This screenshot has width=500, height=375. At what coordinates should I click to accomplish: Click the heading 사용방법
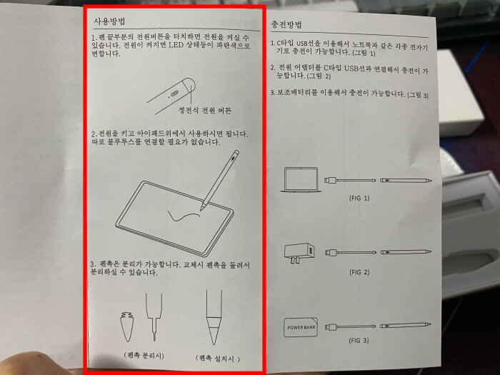point(109,21)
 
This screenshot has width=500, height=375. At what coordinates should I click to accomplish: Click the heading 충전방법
point(286,24)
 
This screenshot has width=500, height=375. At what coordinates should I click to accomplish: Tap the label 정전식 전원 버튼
point(205,111)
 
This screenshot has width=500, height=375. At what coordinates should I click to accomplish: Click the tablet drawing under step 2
point(175,219)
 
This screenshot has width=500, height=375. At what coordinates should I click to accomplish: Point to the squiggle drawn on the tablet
point(184,215)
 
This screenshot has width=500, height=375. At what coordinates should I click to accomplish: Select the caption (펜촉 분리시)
point(144,355)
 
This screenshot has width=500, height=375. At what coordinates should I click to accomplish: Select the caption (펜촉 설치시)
point(217,359)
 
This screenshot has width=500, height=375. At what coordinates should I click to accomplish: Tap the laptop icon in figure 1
point(301,180)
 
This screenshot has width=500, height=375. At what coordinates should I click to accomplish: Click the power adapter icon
point(299,254)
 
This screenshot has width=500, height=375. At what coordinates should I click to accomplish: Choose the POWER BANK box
point(301,327)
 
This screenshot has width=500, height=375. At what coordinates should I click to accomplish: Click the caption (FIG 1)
point(359,198)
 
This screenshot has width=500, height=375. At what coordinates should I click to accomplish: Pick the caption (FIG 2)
point(359,272)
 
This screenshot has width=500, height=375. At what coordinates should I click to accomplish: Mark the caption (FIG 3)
point(359,340)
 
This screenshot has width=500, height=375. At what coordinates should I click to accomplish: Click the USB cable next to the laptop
point(350,180)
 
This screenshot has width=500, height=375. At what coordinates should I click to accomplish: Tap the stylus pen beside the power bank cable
point(405,325)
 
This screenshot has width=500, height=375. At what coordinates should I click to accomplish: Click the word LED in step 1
point(176,44)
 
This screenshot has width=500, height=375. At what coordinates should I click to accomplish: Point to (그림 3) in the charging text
point(418,95)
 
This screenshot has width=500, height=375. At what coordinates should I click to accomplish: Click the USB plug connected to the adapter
point(331,253)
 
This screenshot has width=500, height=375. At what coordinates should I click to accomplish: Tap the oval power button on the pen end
point(175,94)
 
